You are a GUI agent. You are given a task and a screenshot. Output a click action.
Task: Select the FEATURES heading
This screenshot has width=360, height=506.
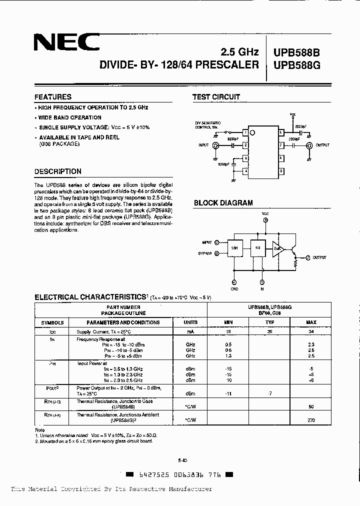[53, 97]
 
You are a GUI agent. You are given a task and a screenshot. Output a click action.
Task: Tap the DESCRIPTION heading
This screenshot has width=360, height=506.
[58, 171]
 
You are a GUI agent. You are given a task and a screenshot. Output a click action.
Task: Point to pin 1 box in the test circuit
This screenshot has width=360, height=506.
[245, 132]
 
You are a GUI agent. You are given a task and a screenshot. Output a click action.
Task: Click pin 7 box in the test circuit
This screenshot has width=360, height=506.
[282, 145]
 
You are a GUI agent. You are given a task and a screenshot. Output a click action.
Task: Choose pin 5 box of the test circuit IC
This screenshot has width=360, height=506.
[282, 171]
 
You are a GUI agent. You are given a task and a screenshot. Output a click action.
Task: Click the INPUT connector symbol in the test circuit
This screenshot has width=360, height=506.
[216, 145]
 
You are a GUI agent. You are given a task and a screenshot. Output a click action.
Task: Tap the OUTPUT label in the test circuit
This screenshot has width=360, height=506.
[322, 145]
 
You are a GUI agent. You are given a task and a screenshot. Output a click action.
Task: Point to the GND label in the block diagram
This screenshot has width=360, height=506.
[234, 289]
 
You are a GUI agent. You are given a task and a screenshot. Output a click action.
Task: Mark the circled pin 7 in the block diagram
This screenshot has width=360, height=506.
[308, 257]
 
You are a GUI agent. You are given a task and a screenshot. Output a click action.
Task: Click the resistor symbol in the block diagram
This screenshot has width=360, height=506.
[296, 261]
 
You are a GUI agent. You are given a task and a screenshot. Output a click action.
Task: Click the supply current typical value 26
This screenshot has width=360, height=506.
[270, 331]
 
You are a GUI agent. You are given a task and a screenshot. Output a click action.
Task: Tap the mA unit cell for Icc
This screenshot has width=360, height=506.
[190, 331]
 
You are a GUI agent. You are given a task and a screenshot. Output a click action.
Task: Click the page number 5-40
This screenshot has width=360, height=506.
[182, 460]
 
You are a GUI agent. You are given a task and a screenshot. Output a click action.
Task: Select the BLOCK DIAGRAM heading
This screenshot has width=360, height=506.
[223, 203]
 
